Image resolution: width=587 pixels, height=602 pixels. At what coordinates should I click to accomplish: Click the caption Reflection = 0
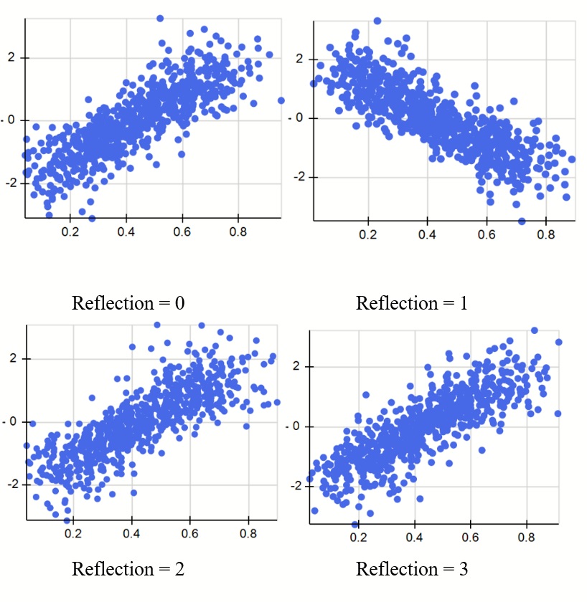128,303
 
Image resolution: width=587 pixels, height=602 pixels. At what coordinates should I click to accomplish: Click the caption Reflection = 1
412,303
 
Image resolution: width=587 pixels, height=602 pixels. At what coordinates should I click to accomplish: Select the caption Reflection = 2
128,570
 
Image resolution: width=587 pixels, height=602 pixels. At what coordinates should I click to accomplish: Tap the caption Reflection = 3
412,570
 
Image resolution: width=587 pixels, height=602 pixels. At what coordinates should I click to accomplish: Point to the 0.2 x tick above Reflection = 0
70,233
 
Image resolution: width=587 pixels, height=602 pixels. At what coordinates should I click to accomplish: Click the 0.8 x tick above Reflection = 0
238,233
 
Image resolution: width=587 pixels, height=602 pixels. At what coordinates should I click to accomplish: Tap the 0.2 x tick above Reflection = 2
72,534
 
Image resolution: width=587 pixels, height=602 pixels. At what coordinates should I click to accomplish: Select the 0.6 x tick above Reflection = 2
189,534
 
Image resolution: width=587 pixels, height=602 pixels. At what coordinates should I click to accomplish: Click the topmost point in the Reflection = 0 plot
160,18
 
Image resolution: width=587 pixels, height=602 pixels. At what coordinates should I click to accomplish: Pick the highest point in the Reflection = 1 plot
377,21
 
